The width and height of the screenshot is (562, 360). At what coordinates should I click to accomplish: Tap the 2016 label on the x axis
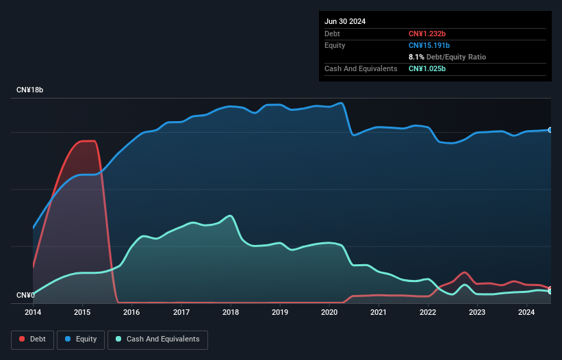coord(131,313)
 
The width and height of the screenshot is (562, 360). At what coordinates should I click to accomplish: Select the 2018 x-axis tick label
coord(231,313)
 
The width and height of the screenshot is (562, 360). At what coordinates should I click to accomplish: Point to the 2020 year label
coord(329,313)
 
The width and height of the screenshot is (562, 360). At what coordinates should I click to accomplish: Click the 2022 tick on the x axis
coord(428,313)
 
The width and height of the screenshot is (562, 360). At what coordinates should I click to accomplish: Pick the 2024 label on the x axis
coord(526,313)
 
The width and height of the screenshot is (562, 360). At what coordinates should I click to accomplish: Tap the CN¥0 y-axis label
coord(25,296)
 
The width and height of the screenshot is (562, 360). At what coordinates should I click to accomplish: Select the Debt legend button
coord(33,339)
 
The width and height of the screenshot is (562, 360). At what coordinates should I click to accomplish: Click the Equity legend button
coord(81,339)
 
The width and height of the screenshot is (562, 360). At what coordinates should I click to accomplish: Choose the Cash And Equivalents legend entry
coord(157,339)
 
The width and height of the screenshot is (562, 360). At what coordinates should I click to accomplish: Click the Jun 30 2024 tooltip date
coord(345,21)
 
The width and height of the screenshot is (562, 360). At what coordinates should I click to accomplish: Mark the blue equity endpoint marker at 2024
coord(550,129)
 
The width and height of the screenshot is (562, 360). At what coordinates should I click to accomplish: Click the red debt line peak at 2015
coord(88,141)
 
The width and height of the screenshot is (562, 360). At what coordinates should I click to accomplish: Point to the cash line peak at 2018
coord(231,216)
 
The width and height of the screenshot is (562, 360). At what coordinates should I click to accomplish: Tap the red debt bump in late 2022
coord(465,272)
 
